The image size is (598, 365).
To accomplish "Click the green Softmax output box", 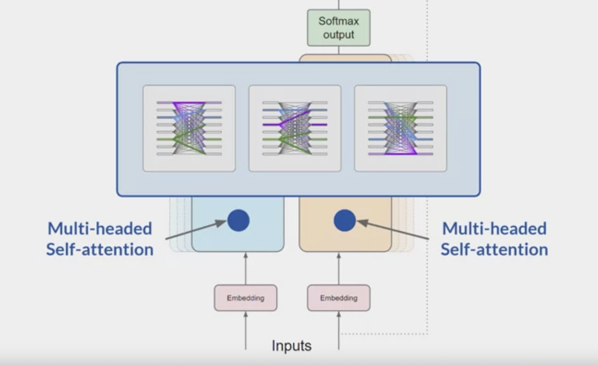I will pyautogui.click(x=339, y=28).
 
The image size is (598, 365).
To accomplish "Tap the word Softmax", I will pyautogui.click(x=339, y=21).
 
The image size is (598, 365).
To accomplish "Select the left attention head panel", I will pyautogui.click(x=189, y=128).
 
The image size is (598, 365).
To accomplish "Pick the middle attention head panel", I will pyautogui.click(x=295, y=128).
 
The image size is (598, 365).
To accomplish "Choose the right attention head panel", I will pyautogui.click(x=400, y=128).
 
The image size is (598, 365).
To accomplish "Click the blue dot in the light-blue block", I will pyautogui.click(x=238, y=221).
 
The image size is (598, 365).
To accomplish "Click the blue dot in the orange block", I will pyautogui.click(x=345, y=221).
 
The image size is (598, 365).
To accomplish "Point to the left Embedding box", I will pyautogui.click(x=245, y=298).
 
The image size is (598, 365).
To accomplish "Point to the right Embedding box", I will pyautogui.click(x=339, y=298).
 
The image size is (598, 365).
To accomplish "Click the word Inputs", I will pyautogui.click(x=291, y=346).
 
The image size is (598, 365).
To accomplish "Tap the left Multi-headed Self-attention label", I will pyautogui.click(x=100, y=239).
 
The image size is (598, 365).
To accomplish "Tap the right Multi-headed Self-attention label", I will pyautogui.click(x=494, y=239).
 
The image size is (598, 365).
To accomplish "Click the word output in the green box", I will pyautogui.click(x=339, y=35).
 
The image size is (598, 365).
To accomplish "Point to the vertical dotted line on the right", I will pyautogui.click(x=427, y=253).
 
